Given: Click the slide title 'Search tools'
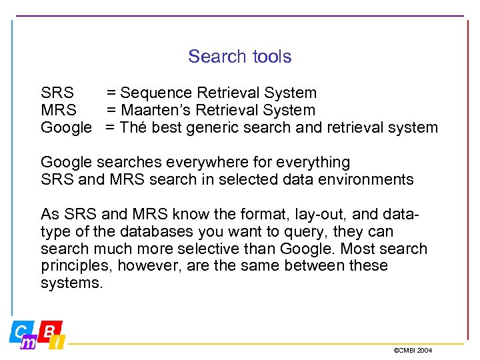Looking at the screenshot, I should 239,57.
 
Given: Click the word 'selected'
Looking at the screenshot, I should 273,179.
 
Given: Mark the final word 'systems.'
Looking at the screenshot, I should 72,283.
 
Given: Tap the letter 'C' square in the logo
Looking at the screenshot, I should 21,330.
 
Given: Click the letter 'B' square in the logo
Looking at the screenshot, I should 50,329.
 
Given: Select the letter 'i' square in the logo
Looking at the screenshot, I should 59,343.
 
